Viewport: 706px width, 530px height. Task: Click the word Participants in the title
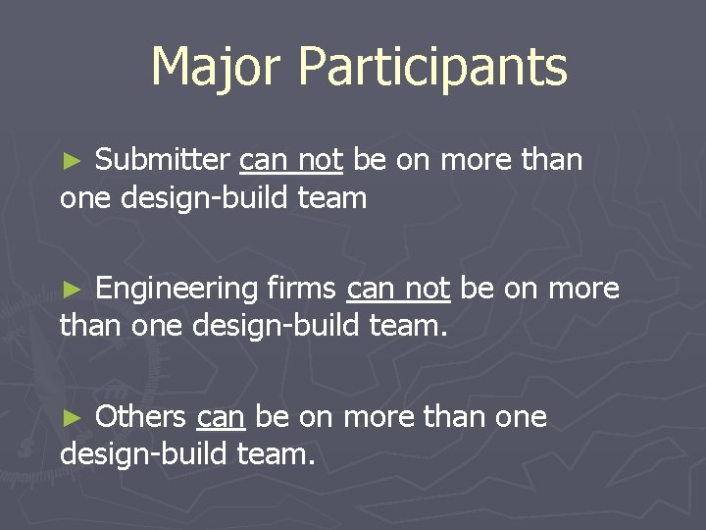click(432, 68)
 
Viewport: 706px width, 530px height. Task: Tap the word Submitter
click(162, 159)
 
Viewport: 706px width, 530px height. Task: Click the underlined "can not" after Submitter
click(291, 160)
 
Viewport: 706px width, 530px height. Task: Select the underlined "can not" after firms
click(398, 290)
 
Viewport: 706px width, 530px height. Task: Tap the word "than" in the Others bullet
click(459, 417)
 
